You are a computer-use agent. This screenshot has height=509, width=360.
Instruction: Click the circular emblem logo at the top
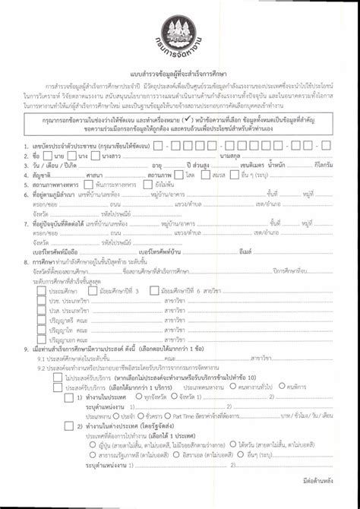(x=179, y=30)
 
